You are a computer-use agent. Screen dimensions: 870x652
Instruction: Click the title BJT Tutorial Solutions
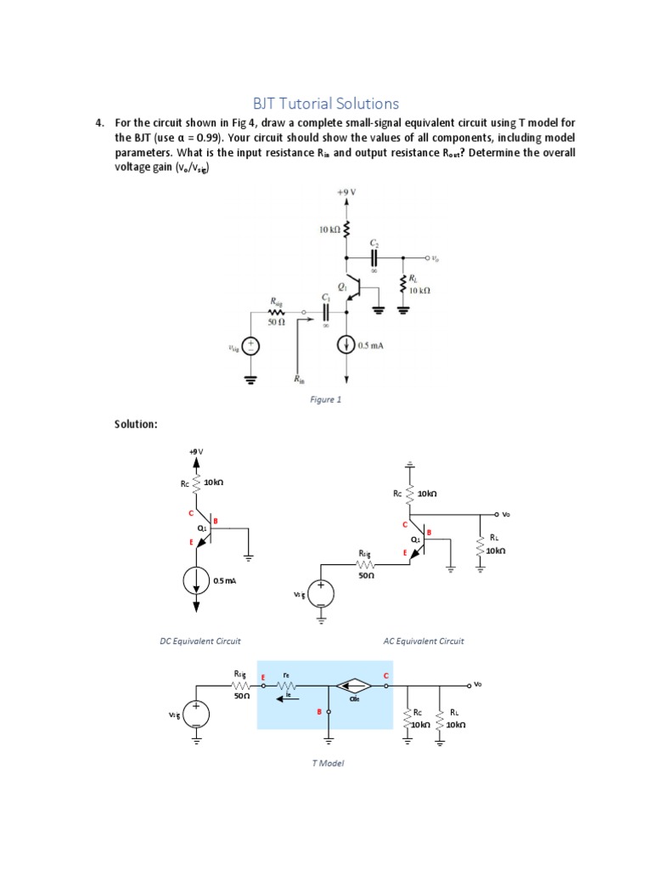pyautogui.click(x=326, y=104)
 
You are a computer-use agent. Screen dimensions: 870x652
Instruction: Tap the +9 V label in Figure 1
pyautogui.click(x=346, y=192)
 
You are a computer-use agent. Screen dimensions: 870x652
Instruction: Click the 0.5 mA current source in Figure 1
pyautogui.click(x=346, y=346)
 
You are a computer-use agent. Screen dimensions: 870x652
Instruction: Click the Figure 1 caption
pyautogui.click(x=325, y=399)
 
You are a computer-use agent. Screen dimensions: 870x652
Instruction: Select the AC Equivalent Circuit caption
pyautogui.click(x=424, y=641)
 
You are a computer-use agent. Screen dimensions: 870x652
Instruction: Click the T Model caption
pyautogui.click(x=328, y=763)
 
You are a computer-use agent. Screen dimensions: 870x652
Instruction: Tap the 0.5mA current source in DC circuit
pyautogui.click(x=197, y=581)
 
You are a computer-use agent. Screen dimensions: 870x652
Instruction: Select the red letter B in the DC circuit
pyautogui.click(x=216, y=520)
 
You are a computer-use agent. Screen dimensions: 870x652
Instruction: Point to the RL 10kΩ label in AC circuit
pyautogui.click(x=496, y=545)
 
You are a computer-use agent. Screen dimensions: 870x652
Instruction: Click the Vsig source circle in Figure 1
pyautogui.click(x=250, y=346)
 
